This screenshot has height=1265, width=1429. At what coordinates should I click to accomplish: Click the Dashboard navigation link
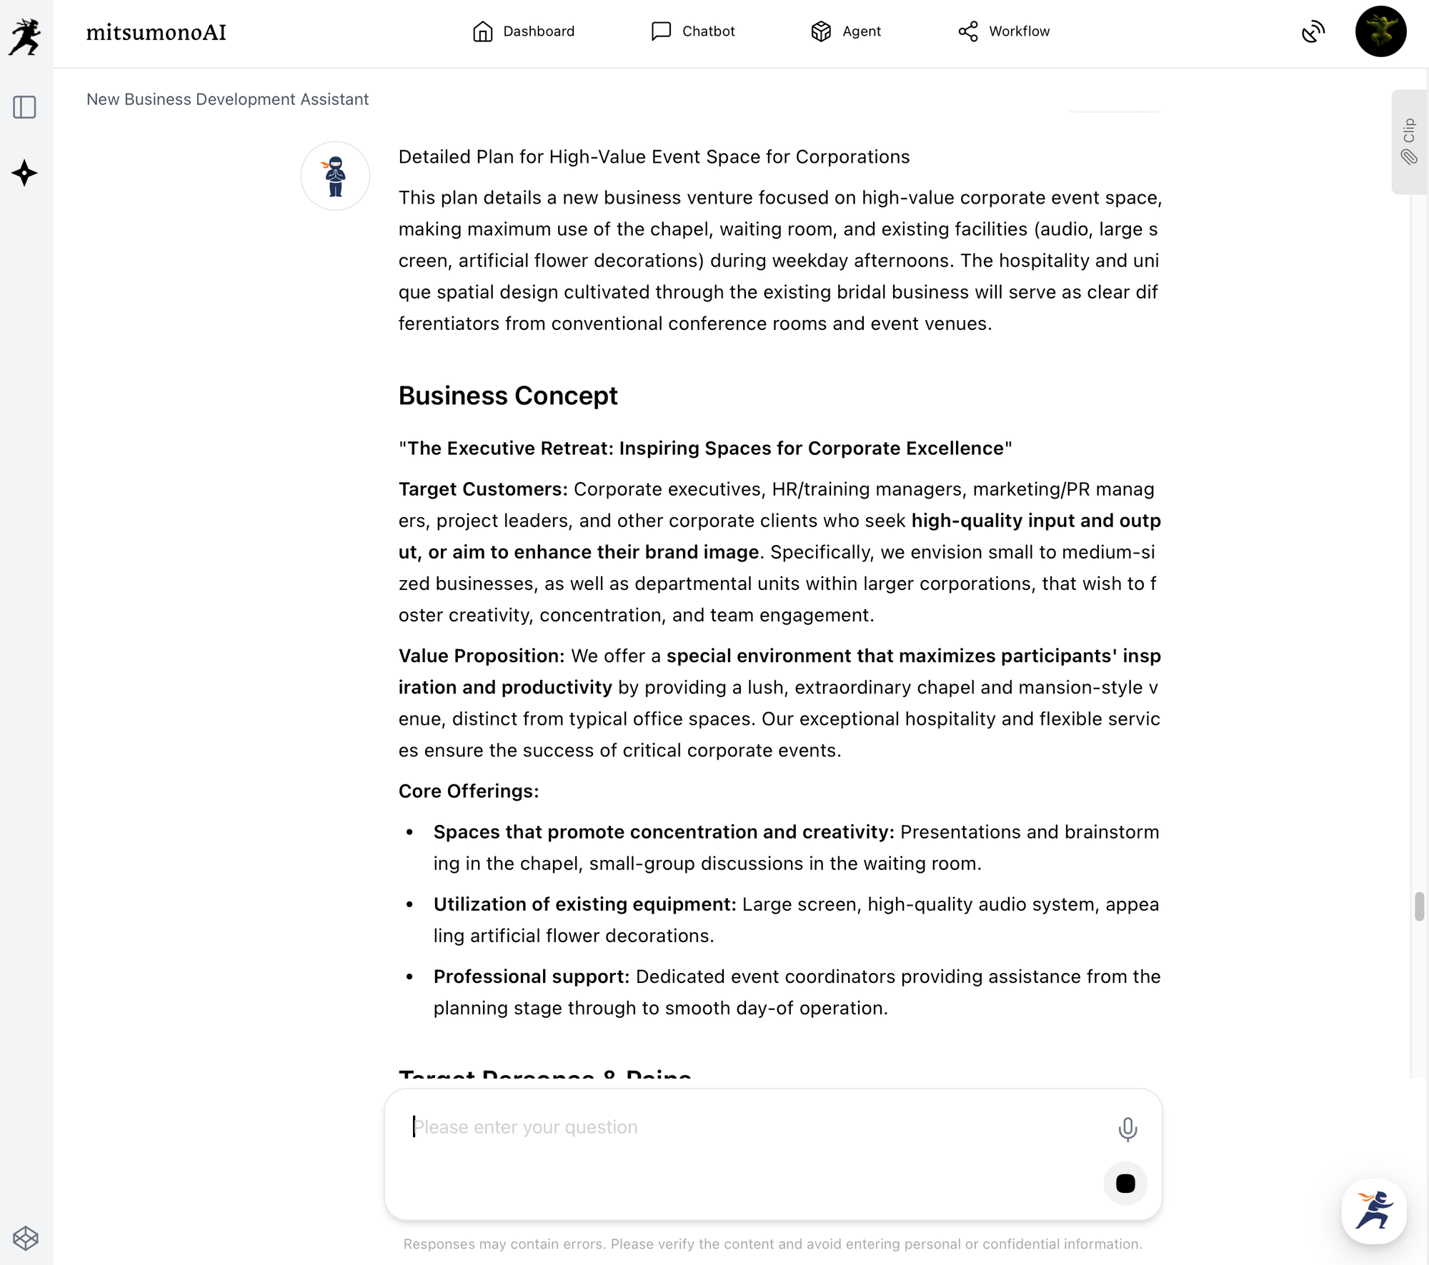coord(524,31)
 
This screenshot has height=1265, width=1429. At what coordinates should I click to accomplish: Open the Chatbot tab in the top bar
coord(693,31)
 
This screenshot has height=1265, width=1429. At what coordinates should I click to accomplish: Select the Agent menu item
coord(846,31)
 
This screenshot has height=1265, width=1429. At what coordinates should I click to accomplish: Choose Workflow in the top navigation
coord(1004,31)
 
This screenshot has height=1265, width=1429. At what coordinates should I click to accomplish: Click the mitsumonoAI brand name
coord(156,32)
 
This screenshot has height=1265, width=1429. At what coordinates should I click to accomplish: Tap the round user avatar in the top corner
coord(1380,31)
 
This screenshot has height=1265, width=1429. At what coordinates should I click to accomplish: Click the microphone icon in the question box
coord(1127,1129)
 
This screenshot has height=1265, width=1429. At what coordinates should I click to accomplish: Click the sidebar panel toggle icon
coord(24,107)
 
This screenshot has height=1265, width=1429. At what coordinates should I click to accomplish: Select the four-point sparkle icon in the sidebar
coord(24,173)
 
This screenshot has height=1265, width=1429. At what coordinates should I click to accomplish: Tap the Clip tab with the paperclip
coord(1408,141)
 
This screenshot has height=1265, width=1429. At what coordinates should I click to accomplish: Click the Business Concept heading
coord(508,396)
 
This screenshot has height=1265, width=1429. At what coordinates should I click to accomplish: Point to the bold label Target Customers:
coord(483,489)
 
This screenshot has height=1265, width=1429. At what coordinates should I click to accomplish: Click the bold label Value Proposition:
coord(482,656)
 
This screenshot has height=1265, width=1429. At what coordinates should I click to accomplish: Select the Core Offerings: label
coord(469,791)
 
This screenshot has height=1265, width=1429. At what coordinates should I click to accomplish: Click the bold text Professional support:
coord(532,976)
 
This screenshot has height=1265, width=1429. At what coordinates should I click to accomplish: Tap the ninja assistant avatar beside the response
coord(335,176)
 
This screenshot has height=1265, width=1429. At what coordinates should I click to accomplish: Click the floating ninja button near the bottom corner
coord(1373,1211)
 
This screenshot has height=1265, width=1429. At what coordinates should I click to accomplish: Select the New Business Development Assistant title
coord(227,99)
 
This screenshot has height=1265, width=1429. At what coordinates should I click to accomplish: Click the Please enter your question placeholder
coord(526,1127)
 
